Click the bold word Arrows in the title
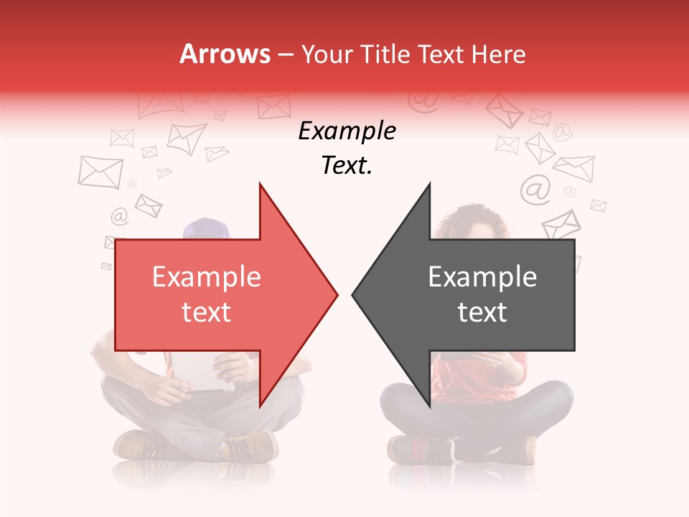(224, 54)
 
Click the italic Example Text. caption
(347, 148)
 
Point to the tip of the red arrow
(337, 294)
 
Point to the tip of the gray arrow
(353, 294)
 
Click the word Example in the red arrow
(207, 277)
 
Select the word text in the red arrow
(207, 312)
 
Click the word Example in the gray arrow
(482, 277)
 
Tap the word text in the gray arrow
(482, 312)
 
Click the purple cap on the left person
(205, 229)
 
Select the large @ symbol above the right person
(535, 189)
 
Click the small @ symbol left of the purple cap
(118, 215)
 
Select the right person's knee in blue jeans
(553, 395)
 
